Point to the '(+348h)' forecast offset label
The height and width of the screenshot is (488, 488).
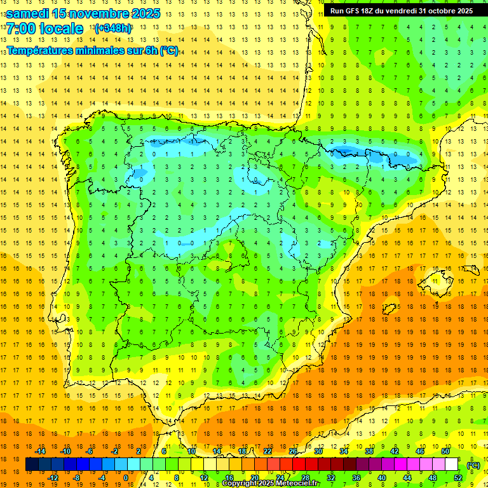coord(113,29)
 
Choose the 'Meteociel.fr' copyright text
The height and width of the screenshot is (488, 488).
coord(294,484)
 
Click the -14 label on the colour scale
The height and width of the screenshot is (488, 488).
coord(41,451)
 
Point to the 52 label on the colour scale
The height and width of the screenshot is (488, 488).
coord(459,478)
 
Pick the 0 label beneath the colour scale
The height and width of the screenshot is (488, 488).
coord(126,478)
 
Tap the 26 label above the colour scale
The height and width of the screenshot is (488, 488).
coord(293,451)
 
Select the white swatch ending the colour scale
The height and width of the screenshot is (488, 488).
coord(451,464)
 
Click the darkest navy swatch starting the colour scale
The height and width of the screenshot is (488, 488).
coord(32,464)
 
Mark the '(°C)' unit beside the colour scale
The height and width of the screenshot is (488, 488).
coord(473,465)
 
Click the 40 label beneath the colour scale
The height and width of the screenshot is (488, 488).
coord(381,478)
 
